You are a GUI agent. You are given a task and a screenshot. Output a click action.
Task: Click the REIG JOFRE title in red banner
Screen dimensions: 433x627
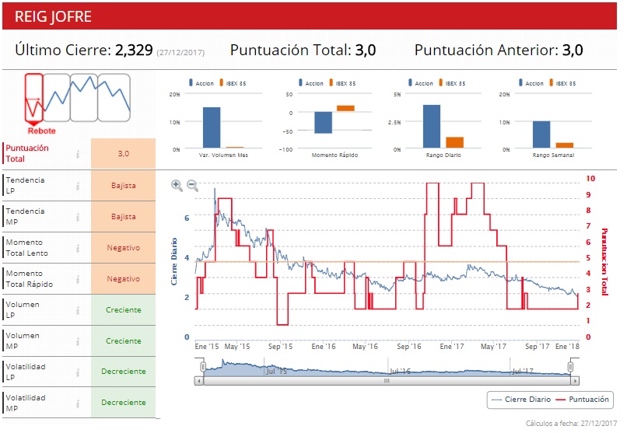pyautogui.click(x=53, y=16)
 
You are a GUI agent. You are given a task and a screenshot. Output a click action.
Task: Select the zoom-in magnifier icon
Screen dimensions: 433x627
pyautogui.click(x=177, y=185)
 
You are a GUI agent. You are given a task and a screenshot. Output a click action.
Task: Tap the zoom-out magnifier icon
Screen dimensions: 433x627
pyautogui.click(x=192, y=185)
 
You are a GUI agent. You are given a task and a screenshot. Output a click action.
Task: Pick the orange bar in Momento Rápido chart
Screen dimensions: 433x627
pyautogui.click(x=345, y=108)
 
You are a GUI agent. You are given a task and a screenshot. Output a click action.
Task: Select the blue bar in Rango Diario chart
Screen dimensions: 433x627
pyautogui.click(x=432, y=126)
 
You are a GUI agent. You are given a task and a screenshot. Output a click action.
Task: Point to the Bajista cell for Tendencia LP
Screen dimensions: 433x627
pyautogui.click(x=123, y=186)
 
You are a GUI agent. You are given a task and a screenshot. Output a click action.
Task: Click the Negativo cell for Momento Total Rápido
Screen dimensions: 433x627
pyautogui.click(x=123, y=278)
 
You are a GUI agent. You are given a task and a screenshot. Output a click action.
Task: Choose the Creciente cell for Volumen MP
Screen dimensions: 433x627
pyautogui.click(x=123, y=340)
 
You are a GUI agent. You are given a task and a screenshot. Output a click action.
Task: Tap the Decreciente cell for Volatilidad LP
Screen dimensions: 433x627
pyautogui.click(x=123, y=372)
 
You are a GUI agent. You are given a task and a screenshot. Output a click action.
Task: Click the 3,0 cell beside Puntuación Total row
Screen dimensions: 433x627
pyautogui.click(x=123, y=154)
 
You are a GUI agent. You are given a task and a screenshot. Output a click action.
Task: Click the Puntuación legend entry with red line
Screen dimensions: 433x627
pyautogui.click(x=584, y=400)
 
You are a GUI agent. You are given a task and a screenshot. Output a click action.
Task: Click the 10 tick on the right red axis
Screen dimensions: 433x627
pyautogui.click(x=590, y=179)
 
